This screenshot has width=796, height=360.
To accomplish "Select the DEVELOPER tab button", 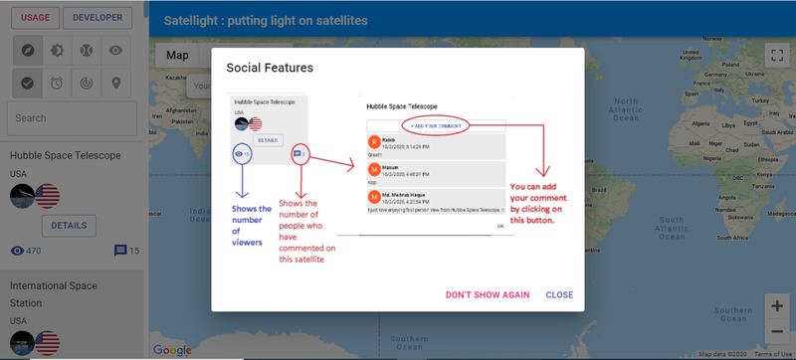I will point(97,17).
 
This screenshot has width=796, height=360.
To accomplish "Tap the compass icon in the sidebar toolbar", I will point(28,50).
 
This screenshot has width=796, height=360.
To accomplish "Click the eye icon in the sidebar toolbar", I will point(116,50).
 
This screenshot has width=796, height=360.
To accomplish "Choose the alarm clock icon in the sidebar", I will point(58,83).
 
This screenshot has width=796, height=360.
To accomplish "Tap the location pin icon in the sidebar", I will point(116,83).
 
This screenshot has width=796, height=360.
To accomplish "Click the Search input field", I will point(72,117).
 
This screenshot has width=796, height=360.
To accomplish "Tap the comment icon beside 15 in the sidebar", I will point(120,251).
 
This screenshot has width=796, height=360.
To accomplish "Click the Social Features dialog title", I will point(270,68).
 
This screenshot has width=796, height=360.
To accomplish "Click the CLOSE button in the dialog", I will point(559,295).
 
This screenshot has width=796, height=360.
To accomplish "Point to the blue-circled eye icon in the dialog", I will point(241,154).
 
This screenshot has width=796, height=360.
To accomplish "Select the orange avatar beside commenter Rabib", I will point(374,142).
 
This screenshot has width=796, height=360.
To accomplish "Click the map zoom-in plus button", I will point(776,305).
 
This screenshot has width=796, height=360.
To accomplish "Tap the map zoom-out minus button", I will point(776,332).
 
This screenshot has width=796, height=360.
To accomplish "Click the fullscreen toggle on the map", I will point(776,56).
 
